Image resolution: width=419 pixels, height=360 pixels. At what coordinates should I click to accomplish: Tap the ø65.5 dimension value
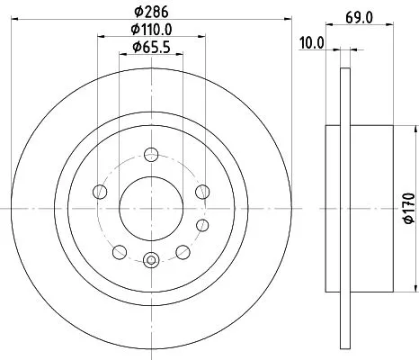pyautogui.click(x=149, y=47)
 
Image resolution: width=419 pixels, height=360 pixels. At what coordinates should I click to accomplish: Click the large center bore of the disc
pyautogui.click(x=149, y=208)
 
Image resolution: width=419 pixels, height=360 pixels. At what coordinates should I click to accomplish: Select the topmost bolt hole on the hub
pyautogui.click(x=149, y=153)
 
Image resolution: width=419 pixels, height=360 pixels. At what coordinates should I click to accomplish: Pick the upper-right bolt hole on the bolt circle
pyautogui.click(x=202, y=191)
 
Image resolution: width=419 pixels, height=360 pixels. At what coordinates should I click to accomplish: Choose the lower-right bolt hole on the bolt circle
pyautogui.click(x=182, y=252)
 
